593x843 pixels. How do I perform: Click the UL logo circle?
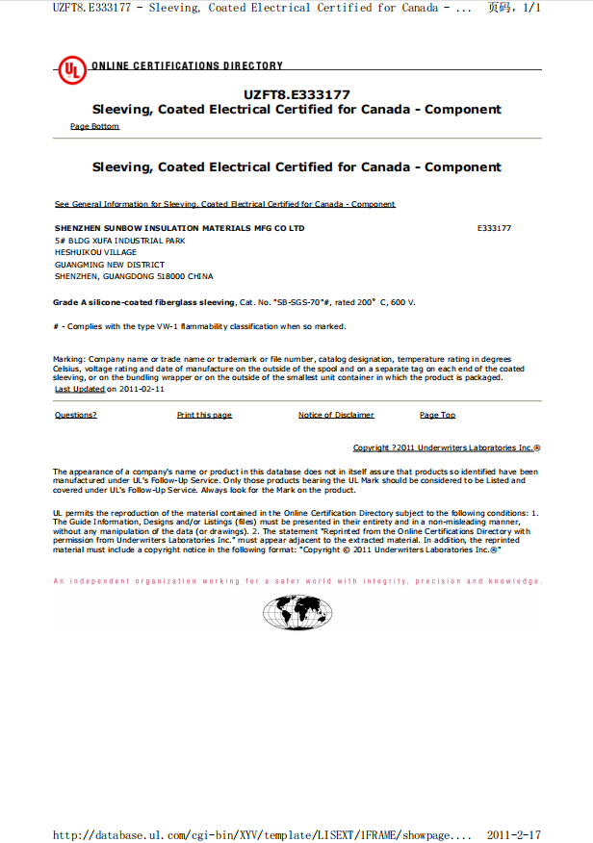pos(71,70)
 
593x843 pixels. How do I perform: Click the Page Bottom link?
pos(94,127)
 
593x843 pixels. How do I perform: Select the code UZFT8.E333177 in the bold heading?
pos(296,94)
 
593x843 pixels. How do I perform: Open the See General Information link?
pos(225,204)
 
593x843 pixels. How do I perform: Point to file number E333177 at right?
pos(494,228)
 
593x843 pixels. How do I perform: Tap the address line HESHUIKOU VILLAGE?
pos(95,252)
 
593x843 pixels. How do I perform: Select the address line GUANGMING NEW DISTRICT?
pos(110,265)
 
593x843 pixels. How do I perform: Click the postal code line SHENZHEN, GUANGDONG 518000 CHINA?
pos(134,276)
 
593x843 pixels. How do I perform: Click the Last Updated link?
pos(80,390)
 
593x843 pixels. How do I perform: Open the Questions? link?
pos(75,415)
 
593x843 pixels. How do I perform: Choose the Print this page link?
pos(204,415)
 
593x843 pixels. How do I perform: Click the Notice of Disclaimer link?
pos(336,415)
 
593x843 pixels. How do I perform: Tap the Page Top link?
pos(437,415)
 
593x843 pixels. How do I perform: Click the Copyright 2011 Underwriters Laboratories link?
pos(446,447)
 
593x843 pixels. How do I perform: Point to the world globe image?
pos(296,612)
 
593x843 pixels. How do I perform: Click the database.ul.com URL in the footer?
pos(262,834)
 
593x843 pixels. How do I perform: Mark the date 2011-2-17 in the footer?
pos(514,834)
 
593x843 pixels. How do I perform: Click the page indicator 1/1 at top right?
pos(529,8)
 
